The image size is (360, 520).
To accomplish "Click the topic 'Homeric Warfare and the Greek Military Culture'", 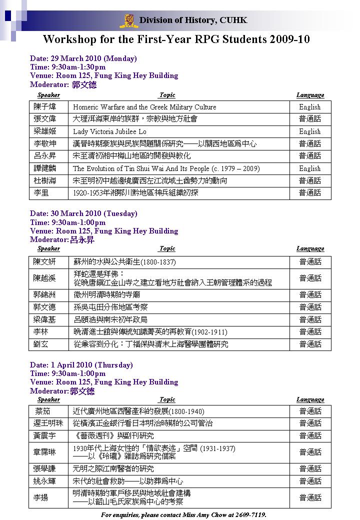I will click(x=144, y=107).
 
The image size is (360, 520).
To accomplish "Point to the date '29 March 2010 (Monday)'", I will click(x=83, y=58).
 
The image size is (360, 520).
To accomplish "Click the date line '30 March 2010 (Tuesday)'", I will click(x=83, y=213).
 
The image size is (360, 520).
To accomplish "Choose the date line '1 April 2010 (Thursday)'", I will click(x=81, y=364).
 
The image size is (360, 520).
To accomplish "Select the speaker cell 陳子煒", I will click(x=45, y=107).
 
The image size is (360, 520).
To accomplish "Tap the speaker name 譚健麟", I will click(x=45, y=168).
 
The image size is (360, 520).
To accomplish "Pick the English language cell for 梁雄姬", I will click(x=310, y=131).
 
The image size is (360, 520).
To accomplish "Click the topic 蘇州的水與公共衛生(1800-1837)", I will click(x=124, y=261).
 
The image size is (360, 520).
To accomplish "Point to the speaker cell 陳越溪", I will click(x=45, y=278).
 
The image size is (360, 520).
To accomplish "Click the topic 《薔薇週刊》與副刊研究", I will click(x=113, y=435).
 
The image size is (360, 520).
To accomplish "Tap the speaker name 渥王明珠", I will click(x=48, y=423).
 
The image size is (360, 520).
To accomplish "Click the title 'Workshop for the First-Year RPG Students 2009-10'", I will click(x=176, y=39).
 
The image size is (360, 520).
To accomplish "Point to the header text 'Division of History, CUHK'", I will click(x=193, y=20).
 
